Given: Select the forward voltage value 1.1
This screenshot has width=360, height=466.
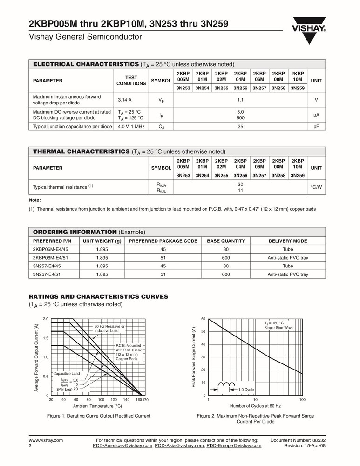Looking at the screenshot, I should coord(240,100).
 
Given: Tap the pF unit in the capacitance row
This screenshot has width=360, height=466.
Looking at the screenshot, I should coord(316,127).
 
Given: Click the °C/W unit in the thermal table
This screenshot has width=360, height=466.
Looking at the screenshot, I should coord(316,187).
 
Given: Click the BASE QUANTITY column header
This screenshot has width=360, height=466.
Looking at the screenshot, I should coord(226,241).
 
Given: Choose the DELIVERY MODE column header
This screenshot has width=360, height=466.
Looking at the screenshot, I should coord(288,241).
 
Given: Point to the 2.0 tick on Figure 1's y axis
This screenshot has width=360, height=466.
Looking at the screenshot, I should coord(46,319).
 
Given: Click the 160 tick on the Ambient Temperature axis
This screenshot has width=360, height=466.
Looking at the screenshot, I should coord(139,400).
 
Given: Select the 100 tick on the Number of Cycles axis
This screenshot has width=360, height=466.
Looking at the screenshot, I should coord(302,400).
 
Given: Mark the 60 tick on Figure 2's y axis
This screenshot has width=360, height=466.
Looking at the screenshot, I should coord(203,319).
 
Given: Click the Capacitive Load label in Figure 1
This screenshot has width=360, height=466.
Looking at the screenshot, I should coord(67,374).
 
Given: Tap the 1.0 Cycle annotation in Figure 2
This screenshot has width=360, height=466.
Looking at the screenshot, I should coord(246,389).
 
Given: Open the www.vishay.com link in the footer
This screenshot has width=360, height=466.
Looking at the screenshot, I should coord(46,440).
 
